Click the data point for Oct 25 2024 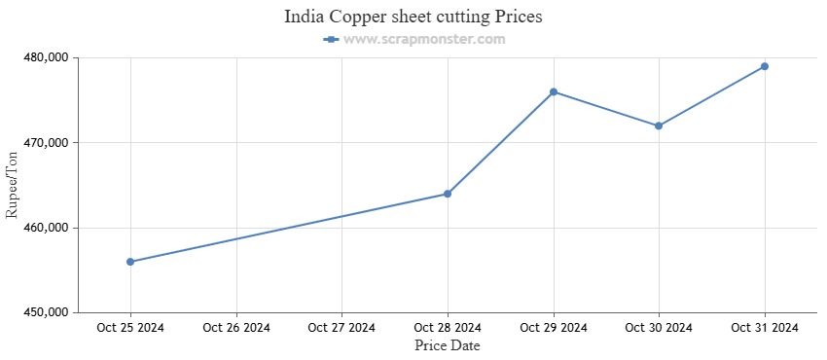pyautogui.click(x=130, y=262)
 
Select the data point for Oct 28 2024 pyautogui.click(x=448, y=194)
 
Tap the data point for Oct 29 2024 pyautogui.click(x=554, y=91)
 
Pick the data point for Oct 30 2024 pyautogui.click(x=659, y=126)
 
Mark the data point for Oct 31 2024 pyautogui.click(x=765, y=66)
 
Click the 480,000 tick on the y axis pyautogui.click(x=44, y=57)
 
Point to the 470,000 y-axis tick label pyautogui.click(x=44, y=143)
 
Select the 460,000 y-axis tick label pyautogui.click(x=44, y=228)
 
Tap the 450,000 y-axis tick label pyautogui.click(x=44, y=313)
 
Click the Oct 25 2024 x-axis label pyautogui.click(x=130, y=328)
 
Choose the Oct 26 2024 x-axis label pyautogui.click(x=236, y=328)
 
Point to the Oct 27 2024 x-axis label pyautogui.click(x=342, y=328)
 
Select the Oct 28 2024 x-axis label pyautogui.click(x=448, y=328)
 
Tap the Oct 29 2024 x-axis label pyautogui.click(x=554, y=328)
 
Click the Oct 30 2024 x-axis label pyautogui.click(x=659, y=328)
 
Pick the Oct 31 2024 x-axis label pyautogui.click(x=765, y=328)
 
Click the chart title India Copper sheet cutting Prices pyautogui.click(x=413, y=17)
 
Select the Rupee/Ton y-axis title pyautogui.click(x=13, y=185)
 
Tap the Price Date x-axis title pyautogui.click(x=448, y=345)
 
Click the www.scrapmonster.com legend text pyautogui.click(x=424, y=39)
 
